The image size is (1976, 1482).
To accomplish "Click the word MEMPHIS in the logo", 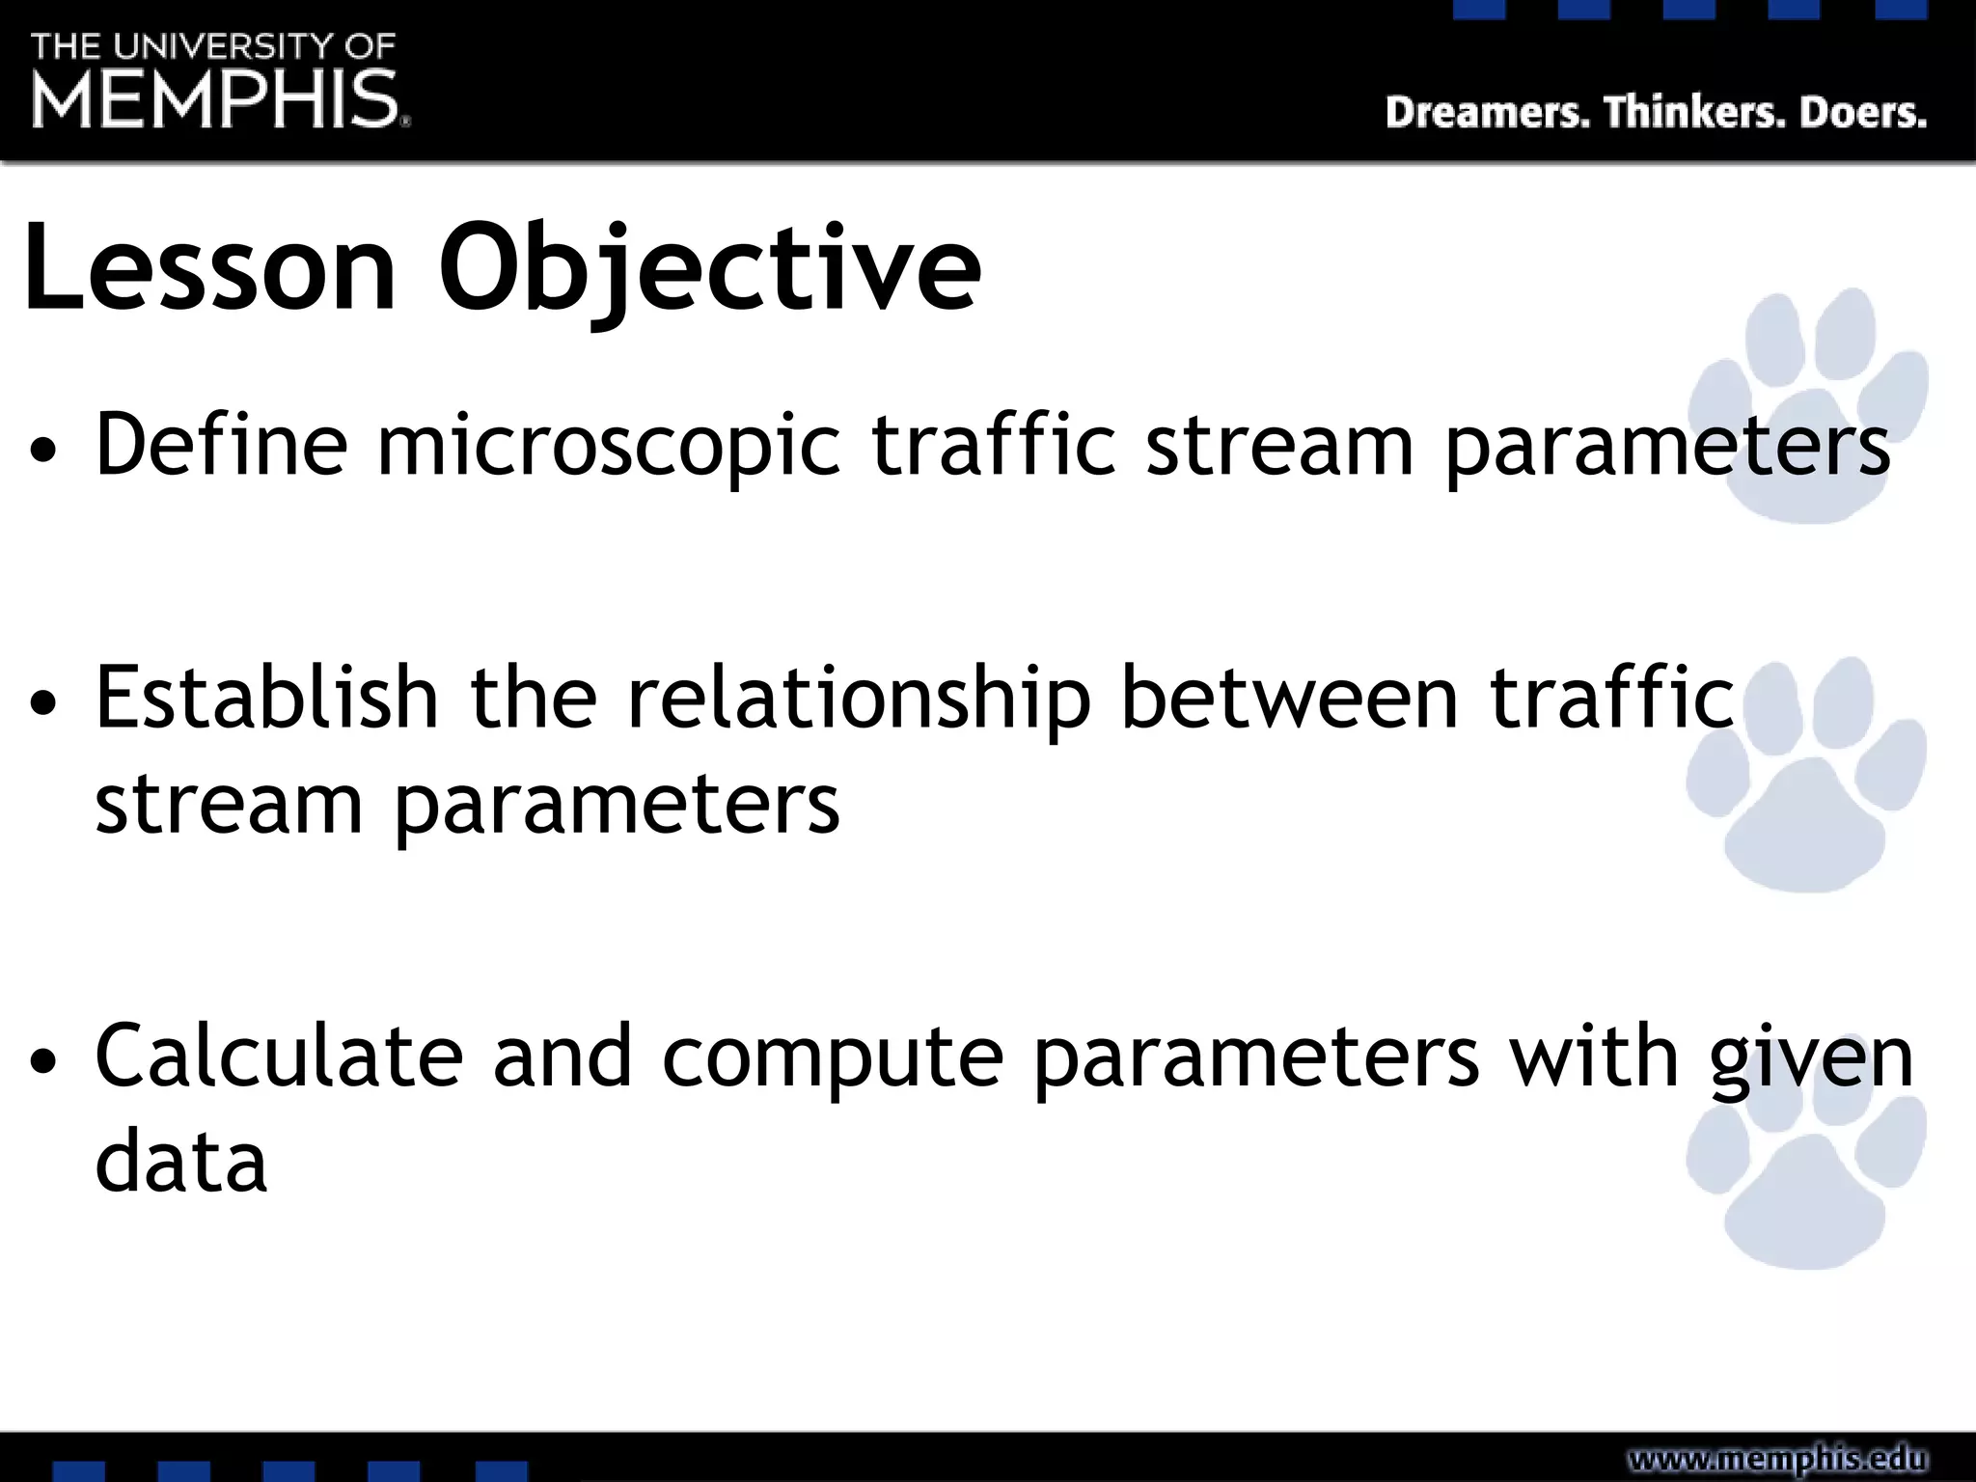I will (x=215, y=99).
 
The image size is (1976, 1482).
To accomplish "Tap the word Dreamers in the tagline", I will (x=1487, y=113).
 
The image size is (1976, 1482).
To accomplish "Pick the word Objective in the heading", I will (x=709, y=270).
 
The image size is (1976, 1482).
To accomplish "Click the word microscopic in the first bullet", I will (x=608, y=446).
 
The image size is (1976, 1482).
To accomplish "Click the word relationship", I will (x=859, y=700).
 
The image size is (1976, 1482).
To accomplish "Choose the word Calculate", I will (x=279, y=1057).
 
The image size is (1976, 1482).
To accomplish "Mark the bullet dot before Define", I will (x=43, y=450).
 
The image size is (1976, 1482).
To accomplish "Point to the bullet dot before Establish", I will (x=43, y=702).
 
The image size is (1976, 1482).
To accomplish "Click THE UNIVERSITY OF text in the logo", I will (x=213, y=46).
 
